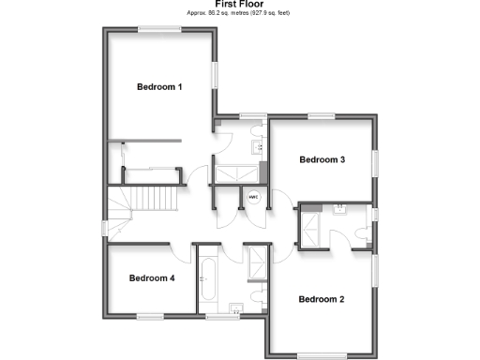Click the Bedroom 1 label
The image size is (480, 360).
[159, 86]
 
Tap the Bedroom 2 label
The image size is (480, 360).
[322, 300]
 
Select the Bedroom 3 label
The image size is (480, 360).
[322, 160]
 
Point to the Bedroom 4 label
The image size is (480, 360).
[152, 278]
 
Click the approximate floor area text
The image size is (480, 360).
[239, 15]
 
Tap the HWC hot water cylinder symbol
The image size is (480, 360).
[253, 198]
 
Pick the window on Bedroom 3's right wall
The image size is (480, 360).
[377, 161]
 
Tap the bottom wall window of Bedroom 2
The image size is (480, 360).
[324, 352]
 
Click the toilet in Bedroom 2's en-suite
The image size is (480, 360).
[363, 233]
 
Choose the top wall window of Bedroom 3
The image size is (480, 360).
[322, 115]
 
